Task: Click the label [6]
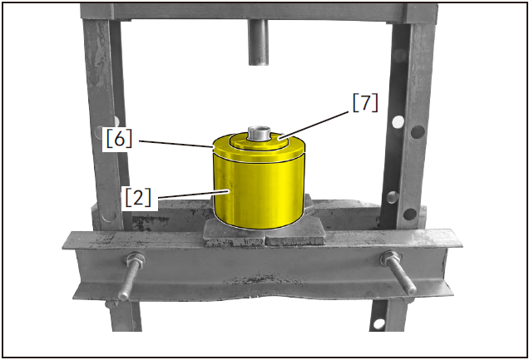119,139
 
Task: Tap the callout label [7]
365,103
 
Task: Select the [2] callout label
138,198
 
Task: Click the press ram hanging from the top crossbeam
259,42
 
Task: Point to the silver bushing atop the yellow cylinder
260,133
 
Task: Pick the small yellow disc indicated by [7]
260,141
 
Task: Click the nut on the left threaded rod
136,259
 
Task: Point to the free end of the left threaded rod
122,296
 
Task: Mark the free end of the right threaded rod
412,290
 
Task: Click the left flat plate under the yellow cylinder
235,233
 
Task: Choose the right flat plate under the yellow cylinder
295,233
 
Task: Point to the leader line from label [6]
176,144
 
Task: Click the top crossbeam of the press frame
260,12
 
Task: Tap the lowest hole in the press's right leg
379,323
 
